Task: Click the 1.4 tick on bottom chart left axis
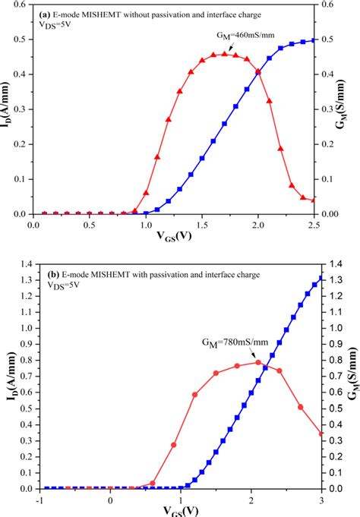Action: (25, 264)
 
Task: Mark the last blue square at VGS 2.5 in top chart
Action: (314, 40)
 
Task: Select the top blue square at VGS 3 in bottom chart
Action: (321, 278)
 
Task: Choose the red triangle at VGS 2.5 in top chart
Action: (314, 200)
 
